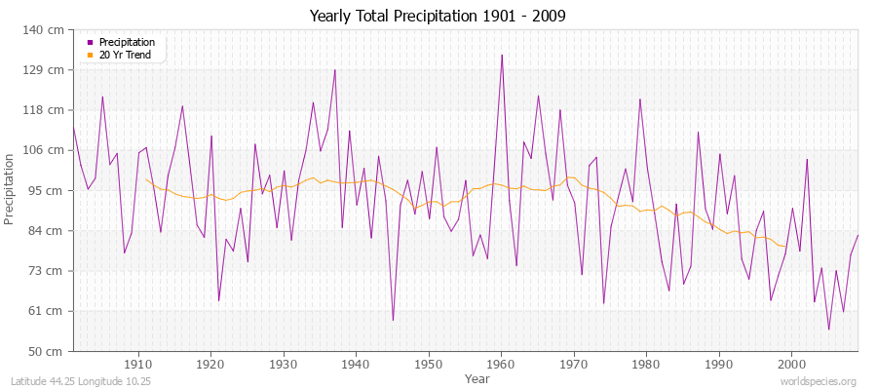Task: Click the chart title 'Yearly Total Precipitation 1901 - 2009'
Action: point(438,17)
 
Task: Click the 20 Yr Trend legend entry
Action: point(125,55)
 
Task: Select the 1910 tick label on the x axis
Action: point(138,364)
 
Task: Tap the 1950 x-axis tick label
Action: point(428,364)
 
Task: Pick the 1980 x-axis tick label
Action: point(645,364)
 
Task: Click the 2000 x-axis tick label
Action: point(790,364)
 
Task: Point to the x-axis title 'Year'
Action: point(477,377)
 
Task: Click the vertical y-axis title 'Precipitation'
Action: point(11,190)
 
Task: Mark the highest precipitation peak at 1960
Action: point(502,55)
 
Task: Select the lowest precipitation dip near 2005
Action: point(828,330)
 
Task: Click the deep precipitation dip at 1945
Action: point(393,320)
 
